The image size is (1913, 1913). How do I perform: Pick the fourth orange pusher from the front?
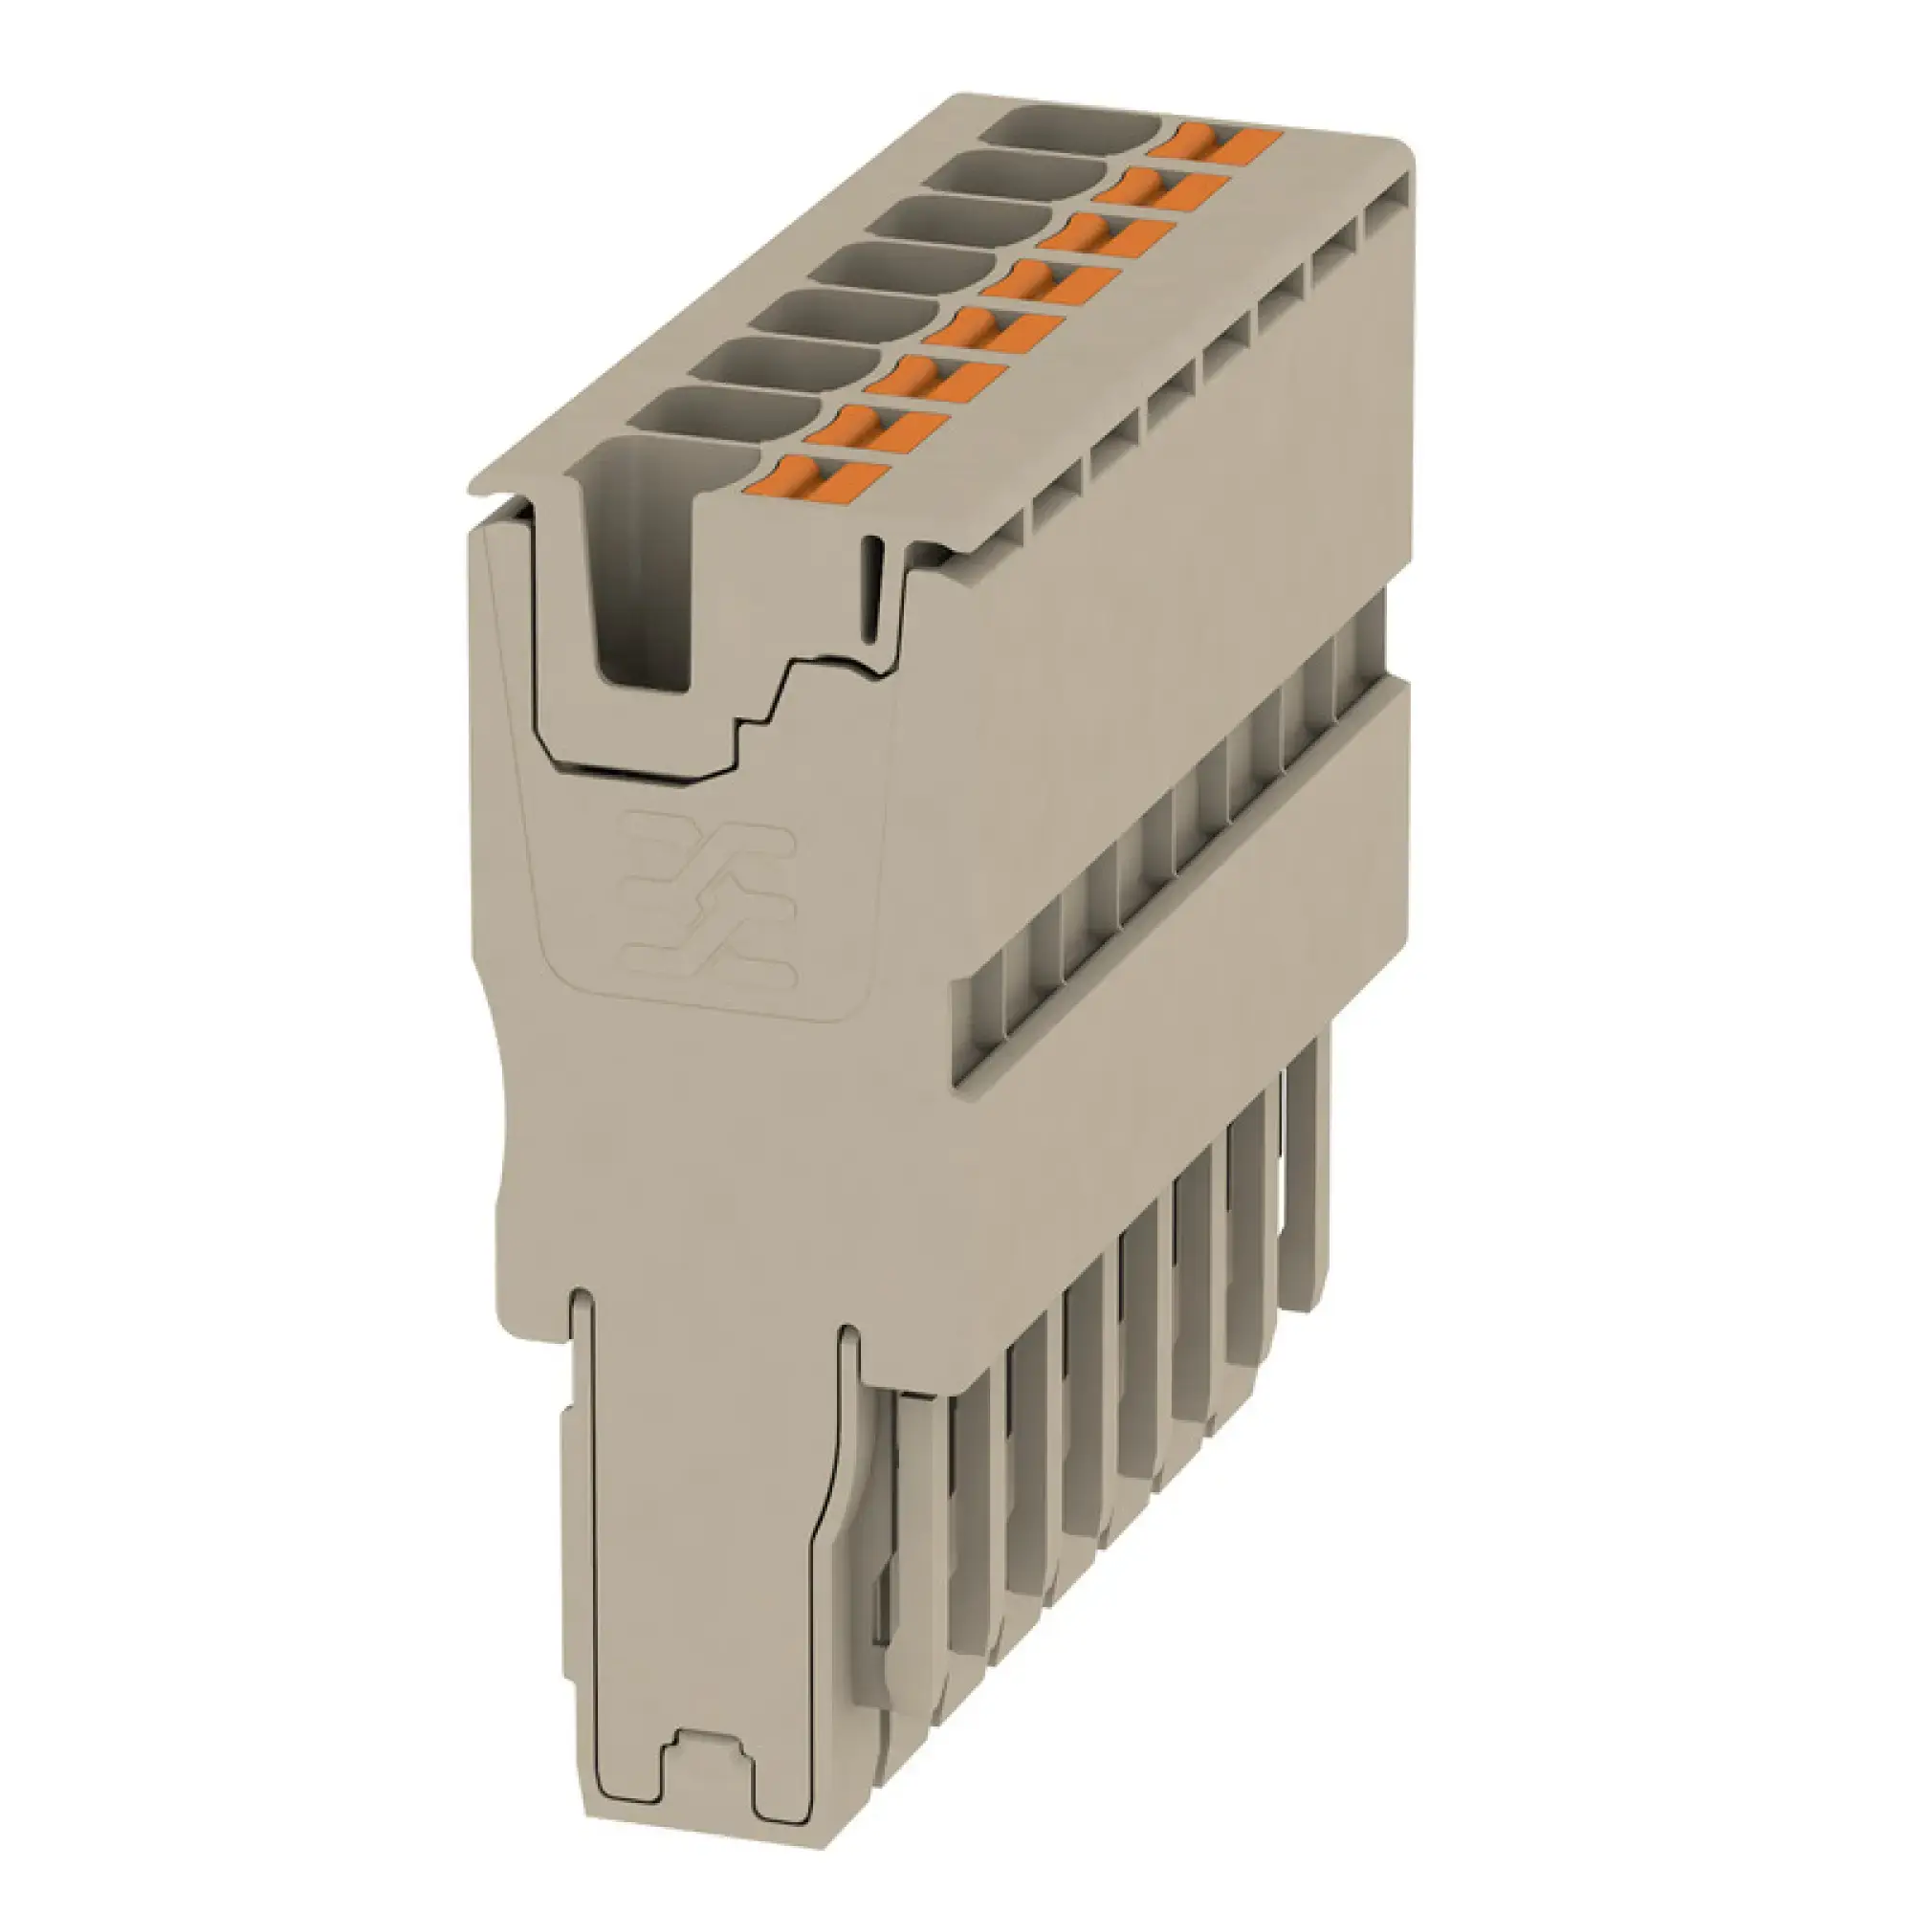pos(993,332)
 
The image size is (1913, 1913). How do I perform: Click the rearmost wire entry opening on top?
pos(1074,130)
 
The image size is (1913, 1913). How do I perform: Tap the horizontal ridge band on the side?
pos(1188,891)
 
